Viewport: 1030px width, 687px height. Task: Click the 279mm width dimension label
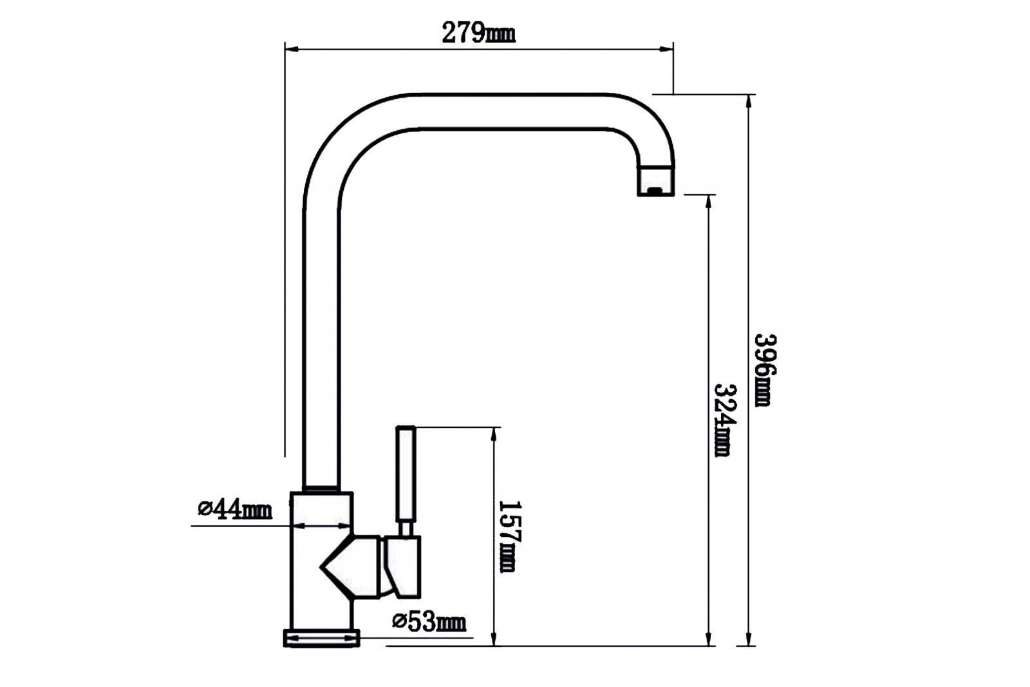pyautogui.click(x=478, y=33)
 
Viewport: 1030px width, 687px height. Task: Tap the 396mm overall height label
pyautogui.click(x=765, y=370)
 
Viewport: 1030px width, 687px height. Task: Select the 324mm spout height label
pyautogui.click(x=725, y=420)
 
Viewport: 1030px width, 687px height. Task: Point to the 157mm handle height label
pyautogui.click(x=510, y=536)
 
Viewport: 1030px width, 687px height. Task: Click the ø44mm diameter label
pyautogui.click(x=235, y=508)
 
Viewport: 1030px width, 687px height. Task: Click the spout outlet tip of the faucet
pyautogui.click(x=656, y=180)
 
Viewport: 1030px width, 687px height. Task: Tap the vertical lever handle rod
pyautogui.click(x=406, y=474)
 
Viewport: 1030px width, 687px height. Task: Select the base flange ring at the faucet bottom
pyautogui.click(x=321, y=638)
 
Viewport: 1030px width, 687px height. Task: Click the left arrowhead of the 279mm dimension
pyautogui.click(x=292, y=49)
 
